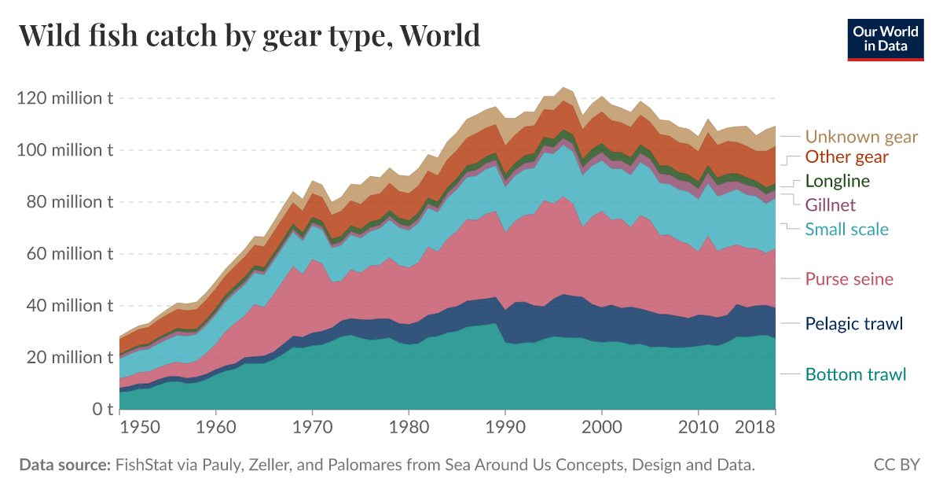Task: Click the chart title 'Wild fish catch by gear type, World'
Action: click(248, 35)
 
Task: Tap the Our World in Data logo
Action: click(885, 39)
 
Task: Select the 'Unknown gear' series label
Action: click(861, 137)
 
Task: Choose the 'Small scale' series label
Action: click(846, 230)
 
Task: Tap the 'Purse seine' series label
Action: click(849, 279)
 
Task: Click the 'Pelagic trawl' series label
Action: click(854, 323)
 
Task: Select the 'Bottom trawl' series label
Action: click(856, 374)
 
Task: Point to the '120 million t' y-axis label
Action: click(64, 98)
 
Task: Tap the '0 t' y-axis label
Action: click(99, 409)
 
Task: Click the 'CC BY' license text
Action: click(897, 465)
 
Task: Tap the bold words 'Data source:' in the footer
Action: click(64, 465)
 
